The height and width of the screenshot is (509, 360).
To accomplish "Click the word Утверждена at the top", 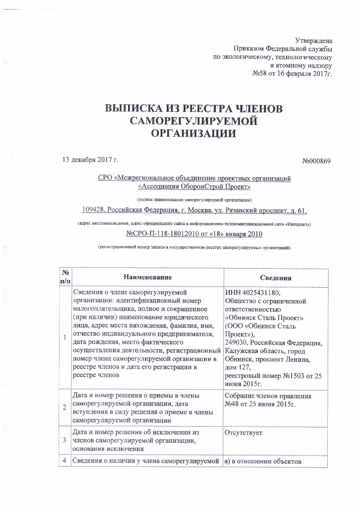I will pyautogui.click(x=313, y=40).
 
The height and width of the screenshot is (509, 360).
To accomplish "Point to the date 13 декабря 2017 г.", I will pyautogui.click(x=91, y=160).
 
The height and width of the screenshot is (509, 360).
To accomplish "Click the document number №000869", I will pyautogui.click(x=317, y=161).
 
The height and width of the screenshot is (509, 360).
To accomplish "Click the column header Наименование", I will pyautogui.click(x=148, y=277).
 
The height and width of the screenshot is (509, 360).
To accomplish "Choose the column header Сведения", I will pyautogui.click(x=276, y=278).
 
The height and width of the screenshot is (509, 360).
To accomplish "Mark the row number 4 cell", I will pyautogui.click(x=64, y=461).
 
